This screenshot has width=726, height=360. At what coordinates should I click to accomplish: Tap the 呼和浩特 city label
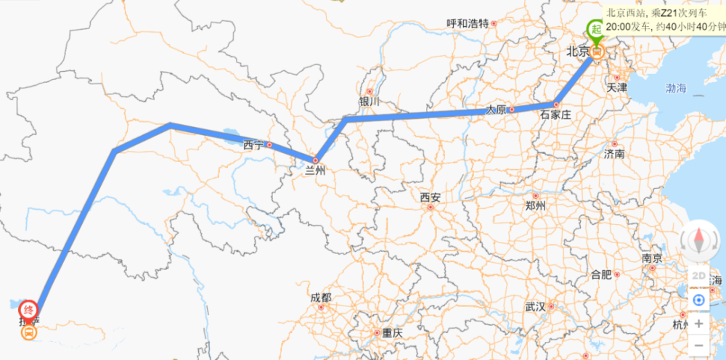pos(468,22)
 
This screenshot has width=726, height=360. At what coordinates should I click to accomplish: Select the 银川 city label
pos(369,102)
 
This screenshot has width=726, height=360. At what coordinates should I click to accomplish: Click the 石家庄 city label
pos(556,115)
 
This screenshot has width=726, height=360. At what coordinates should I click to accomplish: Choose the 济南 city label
pos(614,154)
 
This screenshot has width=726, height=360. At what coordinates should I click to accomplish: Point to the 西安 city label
pos(430,197)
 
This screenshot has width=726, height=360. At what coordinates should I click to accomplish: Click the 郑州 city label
pos(535,205)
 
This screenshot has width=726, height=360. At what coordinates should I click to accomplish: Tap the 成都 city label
pos(320,298)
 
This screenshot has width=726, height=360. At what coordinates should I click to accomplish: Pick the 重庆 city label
pos(392,333)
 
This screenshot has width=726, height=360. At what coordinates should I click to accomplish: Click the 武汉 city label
pos(535,306)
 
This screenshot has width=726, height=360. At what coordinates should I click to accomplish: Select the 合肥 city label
pos(601,274)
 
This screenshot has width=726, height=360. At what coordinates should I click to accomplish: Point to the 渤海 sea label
pos(675,89)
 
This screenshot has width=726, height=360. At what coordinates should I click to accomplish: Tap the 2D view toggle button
pos(698,276)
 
